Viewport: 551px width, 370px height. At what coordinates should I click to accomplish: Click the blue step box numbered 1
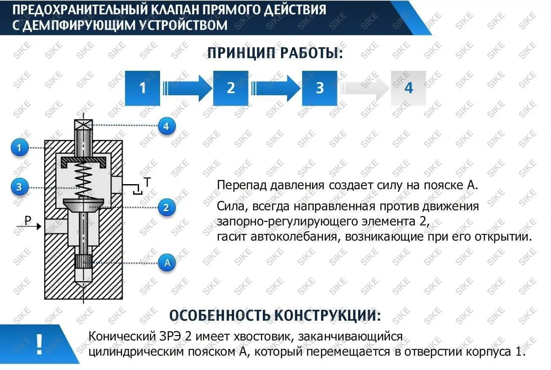[x=142, y=88]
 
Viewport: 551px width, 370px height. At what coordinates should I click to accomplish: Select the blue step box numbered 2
[x=231, y=88]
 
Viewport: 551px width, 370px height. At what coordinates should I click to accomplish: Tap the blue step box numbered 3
[x=320, y=88]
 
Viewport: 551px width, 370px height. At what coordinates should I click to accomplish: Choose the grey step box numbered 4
[x=408, y=88]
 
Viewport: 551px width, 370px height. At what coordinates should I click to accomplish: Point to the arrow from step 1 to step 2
[x=186, y=88]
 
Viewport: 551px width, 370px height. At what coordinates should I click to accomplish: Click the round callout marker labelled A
[x=167, y=263]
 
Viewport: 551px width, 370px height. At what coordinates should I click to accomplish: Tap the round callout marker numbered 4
[x=166, y=126]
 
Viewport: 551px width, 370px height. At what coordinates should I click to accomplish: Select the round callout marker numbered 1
[x=19, y=148]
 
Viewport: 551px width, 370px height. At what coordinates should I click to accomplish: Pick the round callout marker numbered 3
[x=19, y=187]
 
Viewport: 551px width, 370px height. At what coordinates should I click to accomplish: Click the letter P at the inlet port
[x=28, y=220]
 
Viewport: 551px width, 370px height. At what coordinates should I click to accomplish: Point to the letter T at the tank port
[x=147, y=182]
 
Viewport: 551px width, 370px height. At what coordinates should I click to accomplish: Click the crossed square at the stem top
[x=83, y=125]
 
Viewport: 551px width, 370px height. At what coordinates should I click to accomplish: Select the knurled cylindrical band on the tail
[x=83, y=262]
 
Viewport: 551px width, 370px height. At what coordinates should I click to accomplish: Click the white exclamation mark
[x=39, y=345]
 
